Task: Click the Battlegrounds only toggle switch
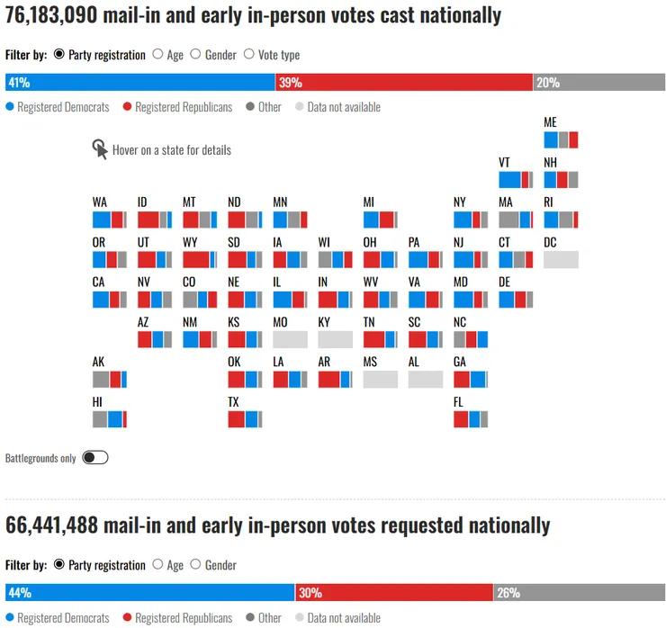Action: [94, 457]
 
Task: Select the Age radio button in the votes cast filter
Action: [157, 55]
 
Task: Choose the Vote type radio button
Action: [249, 55]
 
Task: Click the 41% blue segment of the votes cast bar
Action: [140, 83]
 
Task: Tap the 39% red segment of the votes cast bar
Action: [404, 83]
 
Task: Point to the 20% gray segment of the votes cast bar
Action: [598, 83]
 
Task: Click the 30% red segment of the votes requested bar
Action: [394, 593]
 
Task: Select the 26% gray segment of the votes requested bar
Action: [579, 593]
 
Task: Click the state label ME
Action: [551, 122]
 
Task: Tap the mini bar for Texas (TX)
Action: [245, 419]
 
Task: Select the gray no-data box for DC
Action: [561, 260]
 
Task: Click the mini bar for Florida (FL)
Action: [471, 419]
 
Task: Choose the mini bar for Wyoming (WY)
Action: [200, 260]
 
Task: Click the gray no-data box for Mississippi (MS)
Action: [380, 380]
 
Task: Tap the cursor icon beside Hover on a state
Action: [100, 149]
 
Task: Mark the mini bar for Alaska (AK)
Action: [110, 380]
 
